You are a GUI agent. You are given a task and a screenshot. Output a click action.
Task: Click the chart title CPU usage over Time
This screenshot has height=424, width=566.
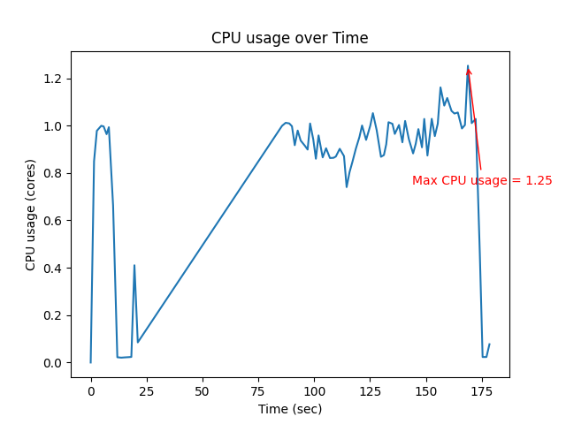click(289, 38)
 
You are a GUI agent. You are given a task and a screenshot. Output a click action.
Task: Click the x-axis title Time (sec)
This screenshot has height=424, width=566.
click(289, 409)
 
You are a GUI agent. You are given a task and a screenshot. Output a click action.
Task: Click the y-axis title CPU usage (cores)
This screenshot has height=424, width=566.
click(31, 215)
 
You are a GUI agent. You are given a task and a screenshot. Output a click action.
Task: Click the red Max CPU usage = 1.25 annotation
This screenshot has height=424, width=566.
click(482, 180)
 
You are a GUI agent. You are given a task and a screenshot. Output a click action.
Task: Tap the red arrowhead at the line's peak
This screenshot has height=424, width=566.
click(469, 71)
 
